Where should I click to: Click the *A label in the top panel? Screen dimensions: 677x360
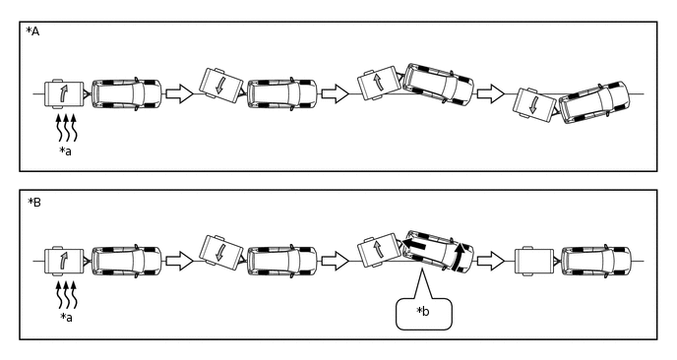click(x=32, y=31)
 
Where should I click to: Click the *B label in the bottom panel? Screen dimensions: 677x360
click(x=34, y=202)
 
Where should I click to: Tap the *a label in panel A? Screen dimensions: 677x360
click(x=66, y=150)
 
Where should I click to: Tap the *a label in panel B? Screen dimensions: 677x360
click(x=66, y=318)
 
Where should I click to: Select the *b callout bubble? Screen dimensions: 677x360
click(x=424, y=314)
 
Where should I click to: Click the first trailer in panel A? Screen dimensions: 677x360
click(x=64, y=93)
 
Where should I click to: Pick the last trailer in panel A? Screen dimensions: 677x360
click(x=535, y=105)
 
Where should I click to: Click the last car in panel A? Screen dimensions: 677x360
click(x=594, y=102)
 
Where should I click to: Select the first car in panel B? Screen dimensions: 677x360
click(x=127, y=262)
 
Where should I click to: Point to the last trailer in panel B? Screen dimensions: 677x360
click(x=534, y=262)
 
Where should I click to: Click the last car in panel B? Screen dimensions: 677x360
click(x=596, y=262)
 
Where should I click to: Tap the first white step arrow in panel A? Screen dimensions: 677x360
click(x=180, y=93)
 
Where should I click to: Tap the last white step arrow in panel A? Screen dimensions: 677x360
click(x=491, y=93)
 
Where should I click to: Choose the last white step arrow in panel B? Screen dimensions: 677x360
click(x=491, y=262)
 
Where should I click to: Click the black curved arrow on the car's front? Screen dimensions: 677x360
click(x=459, y=257)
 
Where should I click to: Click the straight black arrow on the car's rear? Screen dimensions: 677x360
click(x=415, y=245)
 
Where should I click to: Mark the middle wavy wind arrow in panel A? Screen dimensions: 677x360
click(x=66, y=127)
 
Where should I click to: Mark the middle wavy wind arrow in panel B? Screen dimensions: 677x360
click(x=66, y=294)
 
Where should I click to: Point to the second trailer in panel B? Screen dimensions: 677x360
click(x=221, y=252)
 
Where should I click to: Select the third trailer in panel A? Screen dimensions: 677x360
click(x=378, y=83)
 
